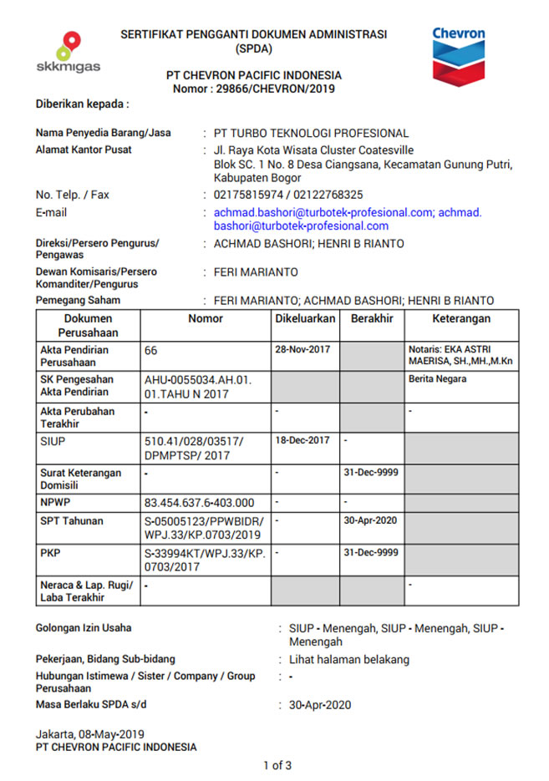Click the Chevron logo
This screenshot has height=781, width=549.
pyautogui.click(x=458, y=53)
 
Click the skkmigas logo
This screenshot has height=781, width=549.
pyautogui.click(x=69, y=53)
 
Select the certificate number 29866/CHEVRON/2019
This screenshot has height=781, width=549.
pyautogui.click(x=277, y=89)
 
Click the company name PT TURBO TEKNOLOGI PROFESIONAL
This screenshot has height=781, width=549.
pyautogui.click(x=311, y=133)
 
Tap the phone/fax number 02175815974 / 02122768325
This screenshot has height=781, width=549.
pyautogui.click(x=288, y=195)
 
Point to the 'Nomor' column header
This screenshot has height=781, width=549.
pyautogui.click(x=206, y=318)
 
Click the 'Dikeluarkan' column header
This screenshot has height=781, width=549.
pyautogui.click(x=305, y=318)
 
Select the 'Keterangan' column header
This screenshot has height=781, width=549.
pyautogui.click(x=461, y=318)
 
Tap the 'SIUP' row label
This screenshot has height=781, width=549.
pyautogui.click(x=51, y=440)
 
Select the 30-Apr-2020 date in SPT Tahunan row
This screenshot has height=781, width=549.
pyautogui.click(x=371, y=520)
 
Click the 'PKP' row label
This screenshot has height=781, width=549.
pyautogui.click(x=50, y=552)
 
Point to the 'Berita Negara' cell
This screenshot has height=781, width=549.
pyautogui.click(x=437, y=378)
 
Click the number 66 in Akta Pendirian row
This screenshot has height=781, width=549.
pyautogui.click(x=151, y=351)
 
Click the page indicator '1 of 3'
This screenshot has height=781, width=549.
pyautogui.click(x=277, y=764)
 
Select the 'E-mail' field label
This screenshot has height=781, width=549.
pyautogui.click(x=51, y=213)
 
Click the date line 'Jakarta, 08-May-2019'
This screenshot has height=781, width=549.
pyautogui.click(x=89, y=734)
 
